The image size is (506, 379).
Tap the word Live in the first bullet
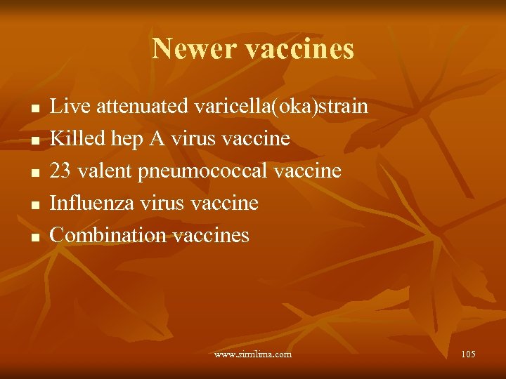[x=68, y=107]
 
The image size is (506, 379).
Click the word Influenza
[x=94, y=203]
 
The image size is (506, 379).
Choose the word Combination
[x=107, y=234]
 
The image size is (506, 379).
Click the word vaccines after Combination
[x=209, y=235]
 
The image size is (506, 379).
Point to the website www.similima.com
[x=252, y=354]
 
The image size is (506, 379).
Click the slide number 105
[x=468, y=354]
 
